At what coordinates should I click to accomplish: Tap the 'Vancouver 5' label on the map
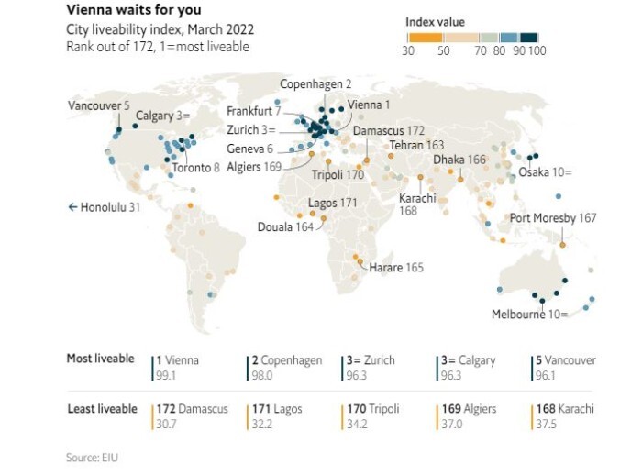click(99, 106)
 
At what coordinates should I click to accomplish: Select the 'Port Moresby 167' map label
click(553, 218)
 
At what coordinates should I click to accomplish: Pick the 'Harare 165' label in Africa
click(396, 268)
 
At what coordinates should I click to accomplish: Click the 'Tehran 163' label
click(416, 145)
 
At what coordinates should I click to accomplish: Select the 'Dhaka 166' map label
click(459, 159)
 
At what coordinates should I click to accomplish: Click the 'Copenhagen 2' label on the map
click(315, 83)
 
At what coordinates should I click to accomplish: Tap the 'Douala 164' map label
click(284, 226)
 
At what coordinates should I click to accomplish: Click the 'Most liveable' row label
click(100, 359)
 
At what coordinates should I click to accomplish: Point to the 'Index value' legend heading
click(435, 21)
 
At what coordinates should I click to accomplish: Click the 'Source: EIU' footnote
click(93, 457)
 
